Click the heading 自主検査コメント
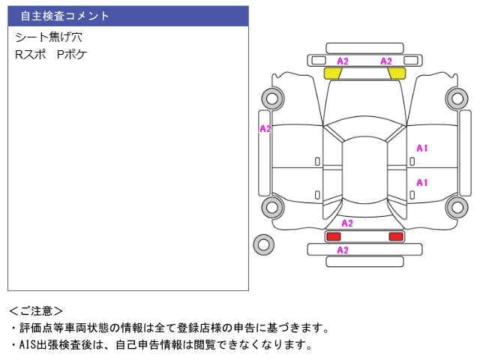pyautogui.click(x=64, y=16)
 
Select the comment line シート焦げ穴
pyautogui.click(x=49, y=37)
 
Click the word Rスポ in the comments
pyautogui.click(x=31, y=55)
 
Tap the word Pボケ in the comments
pyautogui.click(x=72, y=55)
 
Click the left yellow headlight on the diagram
pyautogui.click(x=332, y=73)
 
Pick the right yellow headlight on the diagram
pyautogui.click(x=397, y=73)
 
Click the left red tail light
pyautogui.click(x=333, y=236)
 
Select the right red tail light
pyautogui.click(x=396, y=236)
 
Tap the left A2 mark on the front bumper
pyautogui.click(x=343, y=61)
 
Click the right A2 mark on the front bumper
pyautogui.click(x=386, y=61)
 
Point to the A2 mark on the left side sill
pyautogui.click(x=265, y=129)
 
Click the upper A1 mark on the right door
pyautogui.click(x=421, y=148)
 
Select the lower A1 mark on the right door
pyautogui.click(x=421, y=183)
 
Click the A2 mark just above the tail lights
pyautogui.click(x=347, y=223)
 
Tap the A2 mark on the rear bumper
pyautogui.click(x=343, y=250)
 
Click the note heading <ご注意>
pyautogui.click(x=36, y=311)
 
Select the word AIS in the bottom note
pyautogui.click(x=28, y=345)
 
